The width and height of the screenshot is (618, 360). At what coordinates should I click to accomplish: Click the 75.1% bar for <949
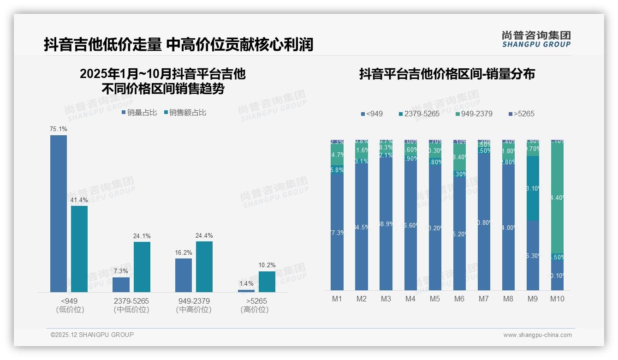click(x=59, y=213)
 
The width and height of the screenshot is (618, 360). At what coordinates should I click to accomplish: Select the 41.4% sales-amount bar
click(x=79, y=249)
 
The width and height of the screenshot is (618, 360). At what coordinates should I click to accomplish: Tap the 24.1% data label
click(x=142, y=236)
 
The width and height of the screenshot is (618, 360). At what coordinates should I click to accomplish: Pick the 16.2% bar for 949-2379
click(x=184, y=275)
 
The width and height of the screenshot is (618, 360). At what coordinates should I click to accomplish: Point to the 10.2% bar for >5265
click(x=267, y=282)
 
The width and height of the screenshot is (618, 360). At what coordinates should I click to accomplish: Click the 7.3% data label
click(x=121, y=271)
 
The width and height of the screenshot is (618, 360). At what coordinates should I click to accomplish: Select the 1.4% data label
click(x=246, y=283)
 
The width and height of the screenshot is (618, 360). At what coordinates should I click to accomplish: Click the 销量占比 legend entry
click(x=139, y=112)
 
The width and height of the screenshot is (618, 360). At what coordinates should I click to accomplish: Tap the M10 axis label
click(x=557, y=299)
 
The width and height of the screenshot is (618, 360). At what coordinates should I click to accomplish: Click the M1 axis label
click(x=337, y=299)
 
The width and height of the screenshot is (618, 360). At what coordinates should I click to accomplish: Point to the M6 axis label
click(x=459, y=299)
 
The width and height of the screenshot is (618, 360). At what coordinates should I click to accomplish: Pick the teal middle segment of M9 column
click(x=533, y=188)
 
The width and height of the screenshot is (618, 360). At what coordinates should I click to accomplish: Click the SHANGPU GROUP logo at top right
click(x=536, y=39)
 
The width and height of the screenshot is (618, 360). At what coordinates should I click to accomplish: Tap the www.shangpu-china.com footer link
click(x=537, y=335)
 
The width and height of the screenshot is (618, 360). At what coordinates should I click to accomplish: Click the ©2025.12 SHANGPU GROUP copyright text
click(x=92, y=335)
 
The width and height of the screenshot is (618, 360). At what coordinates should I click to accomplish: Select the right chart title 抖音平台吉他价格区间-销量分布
click(x=447, y=74)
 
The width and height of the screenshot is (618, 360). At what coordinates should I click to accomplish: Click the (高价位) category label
click(x=254, y=310)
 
